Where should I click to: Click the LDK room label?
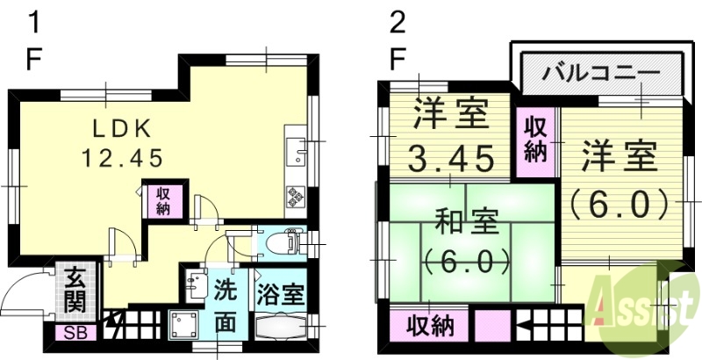(x=123, y=128)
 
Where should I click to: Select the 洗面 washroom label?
(x=225, y=304)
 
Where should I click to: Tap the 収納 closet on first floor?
(x=164, y=201)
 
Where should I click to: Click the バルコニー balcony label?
(x=601, y=71)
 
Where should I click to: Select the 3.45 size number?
(x=448, y=160)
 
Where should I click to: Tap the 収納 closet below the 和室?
(x=429, y=326)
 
